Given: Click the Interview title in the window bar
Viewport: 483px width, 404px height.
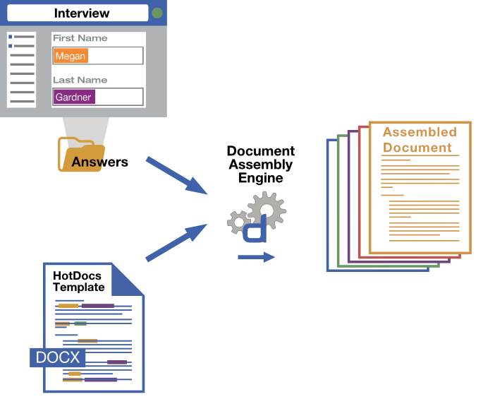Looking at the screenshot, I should [82, 13].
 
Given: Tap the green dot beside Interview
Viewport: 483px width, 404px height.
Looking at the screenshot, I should [157, 13].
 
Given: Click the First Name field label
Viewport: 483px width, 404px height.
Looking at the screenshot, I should [80, 38].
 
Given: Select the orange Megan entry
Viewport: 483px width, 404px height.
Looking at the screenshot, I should [71, 56].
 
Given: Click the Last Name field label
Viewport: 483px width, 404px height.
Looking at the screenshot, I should [80, 80].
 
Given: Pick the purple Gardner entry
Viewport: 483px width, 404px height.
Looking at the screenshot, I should [74, 97].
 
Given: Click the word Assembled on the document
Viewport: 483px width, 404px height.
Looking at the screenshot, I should [420, 132].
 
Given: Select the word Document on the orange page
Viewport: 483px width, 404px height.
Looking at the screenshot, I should [417, 148].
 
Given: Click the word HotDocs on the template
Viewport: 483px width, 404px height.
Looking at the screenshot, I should [77, 275].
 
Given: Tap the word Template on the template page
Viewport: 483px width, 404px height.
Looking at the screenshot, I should [78, 287].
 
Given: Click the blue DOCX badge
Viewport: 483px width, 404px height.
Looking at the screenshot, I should [57, 357].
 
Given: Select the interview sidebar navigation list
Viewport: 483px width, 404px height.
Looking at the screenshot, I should [21, 69].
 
